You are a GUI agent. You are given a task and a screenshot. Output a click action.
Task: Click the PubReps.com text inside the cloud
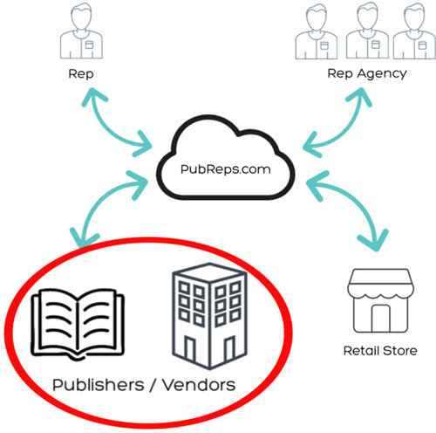pyautogui.click(x=226, y=169)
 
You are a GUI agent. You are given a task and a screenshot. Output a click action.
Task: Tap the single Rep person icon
pyautogui.click(x=81, y=31)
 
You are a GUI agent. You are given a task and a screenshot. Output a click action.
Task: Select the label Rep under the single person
pyautogui.click(x=81, y=74)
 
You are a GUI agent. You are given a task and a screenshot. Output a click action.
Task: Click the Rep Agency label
pyautogui.click(x=367, y=73)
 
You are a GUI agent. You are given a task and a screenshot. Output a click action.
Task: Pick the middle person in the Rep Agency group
pyautogui.click(x=367, y=31)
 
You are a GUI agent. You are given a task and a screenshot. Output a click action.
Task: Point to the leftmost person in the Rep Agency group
pyautogui.click(x=317, y=31)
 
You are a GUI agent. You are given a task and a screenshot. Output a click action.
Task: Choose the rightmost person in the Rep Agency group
pyautogui.click(x=414, y=31)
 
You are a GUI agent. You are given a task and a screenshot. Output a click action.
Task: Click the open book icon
pyautogui.click(x=78, y=325)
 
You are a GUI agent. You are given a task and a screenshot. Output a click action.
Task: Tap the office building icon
pyautogui.click(x=209, y=316)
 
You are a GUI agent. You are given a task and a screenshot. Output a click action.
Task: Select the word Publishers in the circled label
pyautogui.click(x=99, y=385)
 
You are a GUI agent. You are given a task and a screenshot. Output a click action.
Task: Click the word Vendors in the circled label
pyautogui.click(x=199, y=385)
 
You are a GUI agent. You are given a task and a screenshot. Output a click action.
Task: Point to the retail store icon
pyautogui.click(x=380, y=300)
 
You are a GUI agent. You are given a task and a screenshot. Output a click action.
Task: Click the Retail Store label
pyautogui.click(x=380, y=351)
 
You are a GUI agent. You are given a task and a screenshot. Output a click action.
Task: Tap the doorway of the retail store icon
pyautogui.click(x=381, y=318)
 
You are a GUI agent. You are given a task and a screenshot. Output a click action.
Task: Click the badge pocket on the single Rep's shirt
pyautogui.click(x=89, y=45)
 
